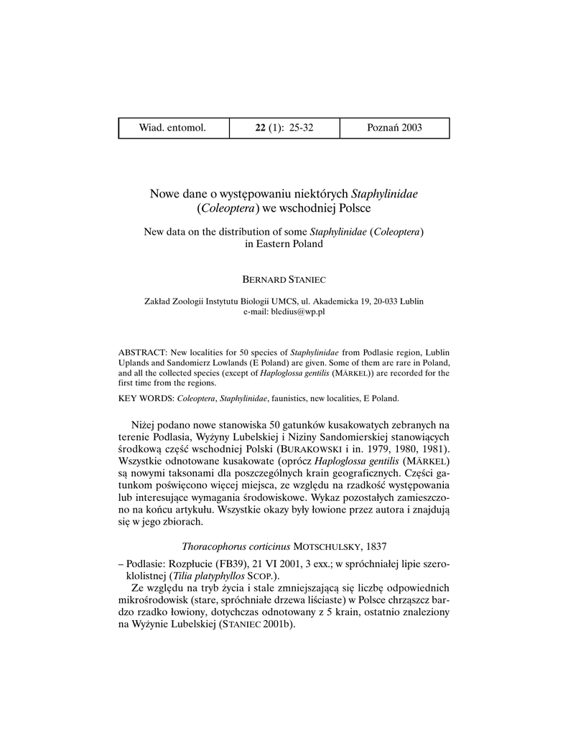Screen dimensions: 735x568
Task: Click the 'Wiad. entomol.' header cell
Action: [x=172, y=128]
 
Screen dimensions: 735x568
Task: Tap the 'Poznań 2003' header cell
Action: [x=394, y=128]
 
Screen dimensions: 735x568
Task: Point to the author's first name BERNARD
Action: [x=264, y=277]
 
